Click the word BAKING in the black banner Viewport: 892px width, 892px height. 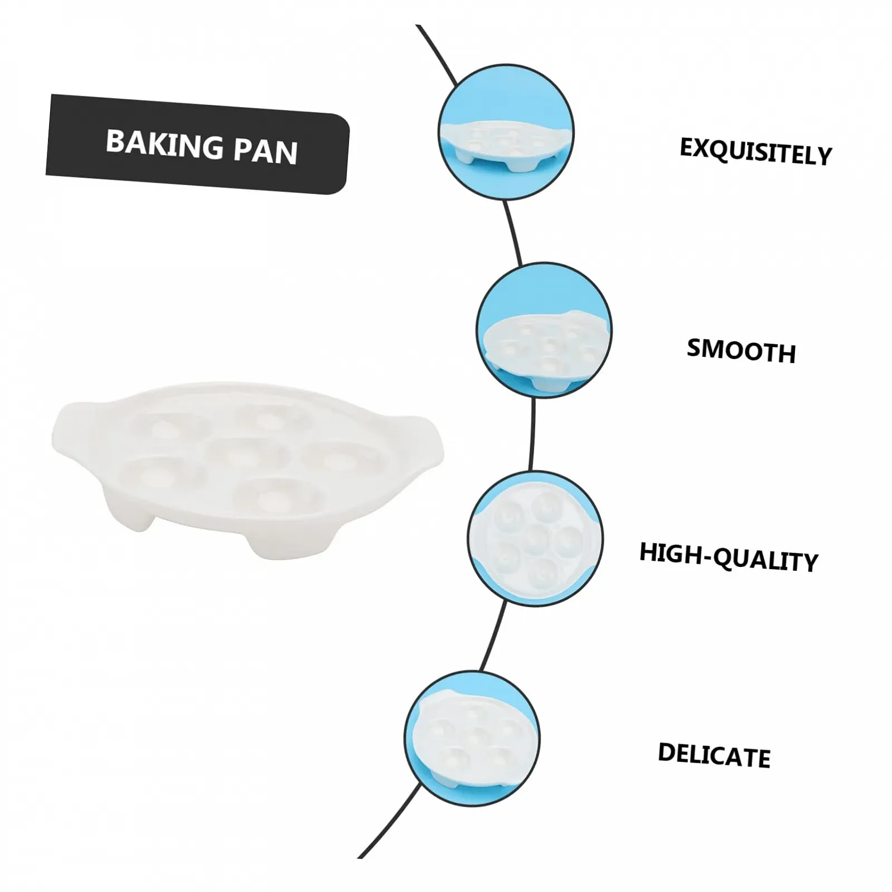(164, 144)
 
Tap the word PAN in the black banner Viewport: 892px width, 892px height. (265, 151)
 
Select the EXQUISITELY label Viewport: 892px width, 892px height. (755, 151)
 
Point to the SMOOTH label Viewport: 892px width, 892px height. (741, 350)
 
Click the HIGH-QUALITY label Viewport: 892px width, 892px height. (728, 557)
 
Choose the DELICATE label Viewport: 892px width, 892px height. (714, 755)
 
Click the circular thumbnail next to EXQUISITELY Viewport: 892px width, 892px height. (506, 132)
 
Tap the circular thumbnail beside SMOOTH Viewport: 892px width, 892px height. (544, 330)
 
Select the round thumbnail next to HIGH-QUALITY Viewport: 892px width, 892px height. (535, 539)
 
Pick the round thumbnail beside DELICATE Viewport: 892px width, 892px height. (472, 738)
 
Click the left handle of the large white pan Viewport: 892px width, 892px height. (67, 429)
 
